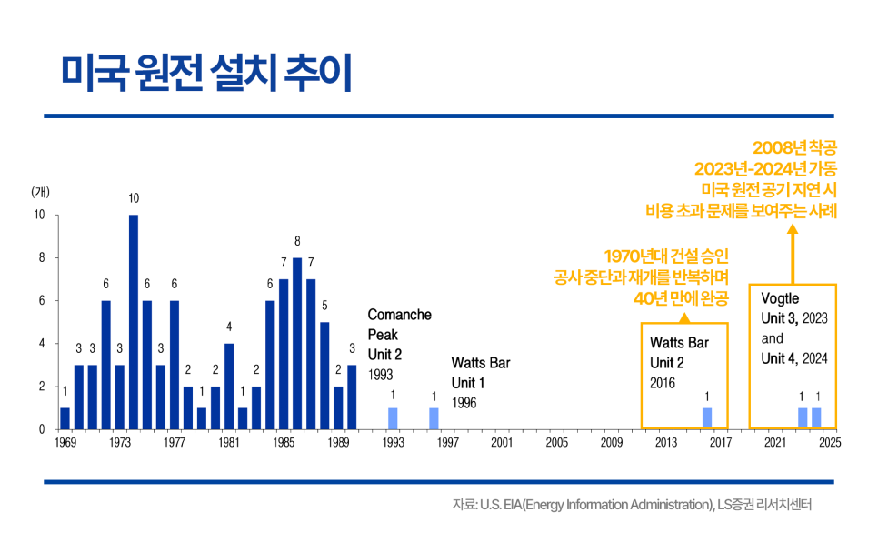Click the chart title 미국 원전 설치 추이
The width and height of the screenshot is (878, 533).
pos(205,71)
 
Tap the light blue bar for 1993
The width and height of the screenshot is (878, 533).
pos(393,418)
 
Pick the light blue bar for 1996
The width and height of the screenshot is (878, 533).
pos(434,418)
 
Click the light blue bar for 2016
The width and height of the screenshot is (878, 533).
pos(707,418)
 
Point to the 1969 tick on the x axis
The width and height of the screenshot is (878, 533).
pos(65,443)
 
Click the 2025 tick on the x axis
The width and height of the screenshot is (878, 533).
pos(830,443)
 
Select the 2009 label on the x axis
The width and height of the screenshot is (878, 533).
pos(612,443)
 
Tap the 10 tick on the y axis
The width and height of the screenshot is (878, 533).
pos(39,216)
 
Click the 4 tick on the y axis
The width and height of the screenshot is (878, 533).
pos(41,344)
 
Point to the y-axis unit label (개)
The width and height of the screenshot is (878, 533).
pos(40,191)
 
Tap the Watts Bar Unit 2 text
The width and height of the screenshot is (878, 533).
pos(679,353)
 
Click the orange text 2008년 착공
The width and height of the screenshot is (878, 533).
pos(794,146)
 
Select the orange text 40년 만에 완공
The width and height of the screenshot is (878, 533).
pos(682,297)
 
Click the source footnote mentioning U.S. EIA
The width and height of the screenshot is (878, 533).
pos(631,504)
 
